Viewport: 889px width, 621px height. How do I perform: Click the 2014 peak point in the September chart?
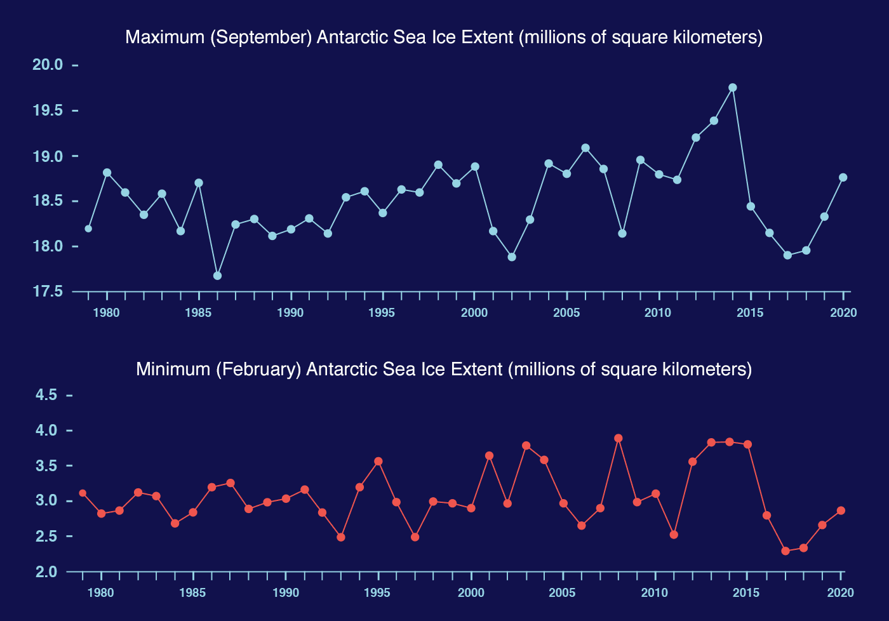click(732, 88)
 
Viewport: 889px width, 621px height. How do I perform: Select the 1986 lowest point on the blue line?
click(217, 276)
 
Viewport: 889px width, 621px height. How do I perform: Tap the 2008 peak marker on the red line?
click(618, 438)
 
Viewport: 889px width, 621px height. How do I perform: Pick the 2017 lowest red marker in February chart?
click(785, 551)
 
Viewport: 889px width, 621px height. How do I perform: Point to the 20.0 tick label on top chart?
click(48, 65)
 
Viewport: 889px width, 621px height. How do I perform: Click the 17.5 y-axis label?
click(48, 291)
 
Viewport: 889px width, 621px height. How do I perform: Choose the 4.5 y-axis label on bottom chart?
click(46, 395)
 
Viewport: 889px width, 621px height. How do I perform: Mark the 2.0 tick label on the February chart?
click(46, 571)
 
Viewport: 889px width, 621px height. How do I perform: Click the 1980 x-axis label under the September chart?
click(106, 312)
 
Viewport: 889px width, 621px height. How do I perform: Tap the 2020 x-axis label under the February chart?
click(840, 593)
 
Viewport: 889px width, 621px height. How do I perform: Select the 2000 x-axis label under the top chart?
click(474, 312)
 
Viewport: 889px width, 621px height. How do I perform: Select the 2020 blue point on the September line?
click(843, 177)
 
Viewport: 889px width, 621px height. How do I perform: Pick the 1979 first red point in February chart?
click(83, 493)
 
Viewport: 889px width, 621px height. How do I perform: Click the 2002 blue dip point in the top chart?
click(512, 257)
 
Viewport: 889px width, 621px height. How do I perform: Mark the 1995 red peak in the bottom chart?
click(378, 461)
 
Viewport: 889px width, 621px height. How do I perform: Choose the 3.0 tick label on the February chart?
click(46, 501)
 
